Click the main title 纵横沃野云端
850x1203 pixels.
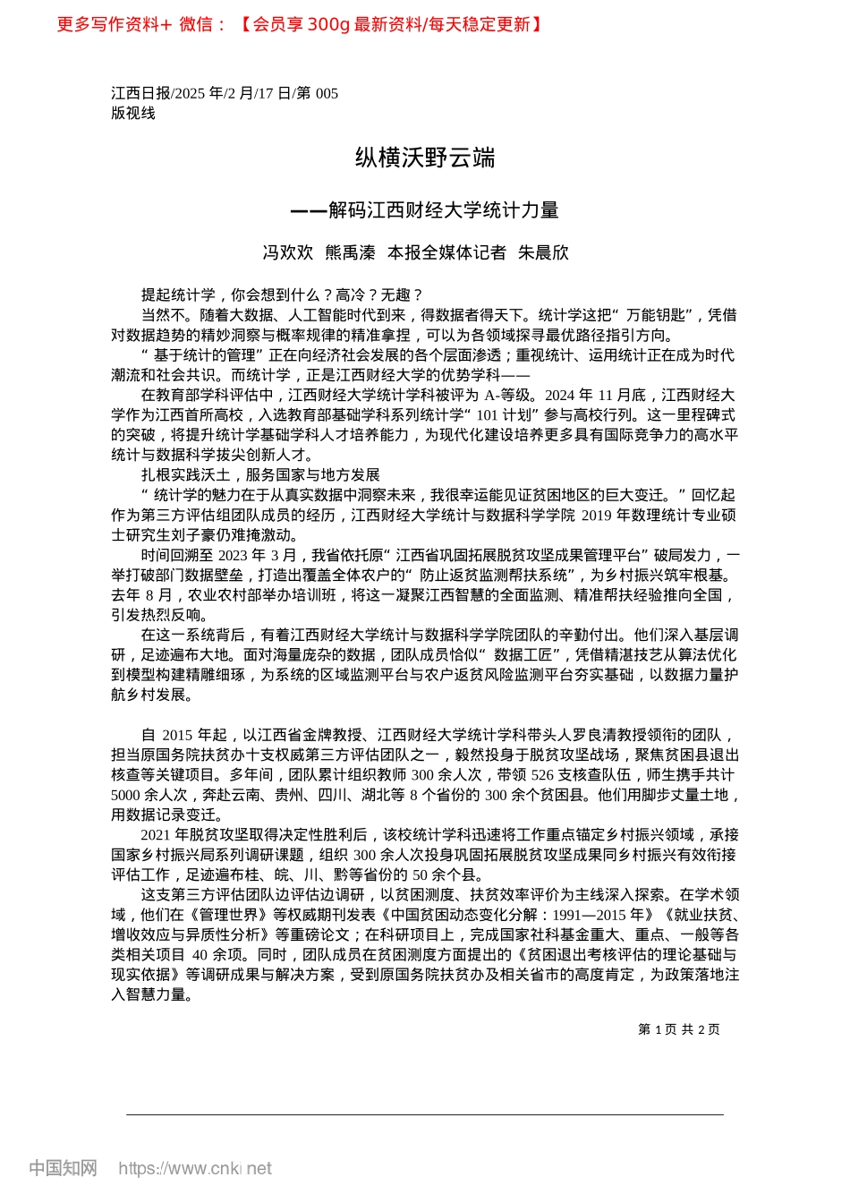click(425, 158)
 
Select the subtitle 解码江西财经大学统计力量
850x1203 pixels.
click(443, 210)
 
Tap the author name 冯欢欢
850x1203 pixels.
click(288, 253)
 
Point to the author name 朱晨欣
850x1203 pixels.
click(543, 253)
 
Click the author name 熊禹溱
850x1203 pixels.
click(350, 253)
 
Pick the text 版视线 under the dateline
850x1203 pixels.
click(133, 114)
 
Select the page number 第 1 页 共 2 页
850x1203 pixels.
click(679, 1029)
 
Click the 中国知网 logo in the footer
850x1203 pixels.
click(63, 1168)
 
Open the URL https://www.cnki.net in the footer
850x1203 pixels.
click(195, 1168)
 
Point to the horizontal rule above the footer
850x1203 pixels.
click(425, 1114)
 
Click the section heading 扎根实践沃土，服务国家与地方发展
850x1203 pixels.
click(260, 474)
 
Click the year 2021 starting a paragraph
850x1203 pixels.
click(156, 835)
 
